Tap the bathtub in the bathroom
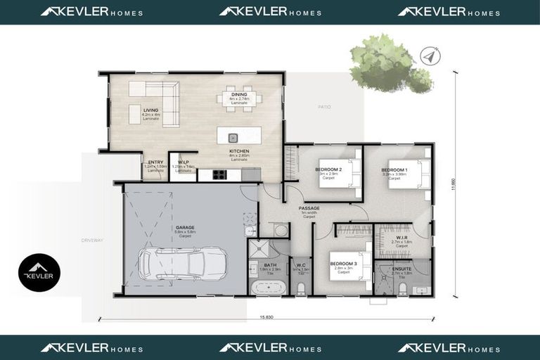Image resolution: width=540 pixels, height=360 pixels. tap(268, 287)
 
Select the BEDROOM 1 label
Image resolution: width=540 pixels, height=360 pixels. tap(393, 170)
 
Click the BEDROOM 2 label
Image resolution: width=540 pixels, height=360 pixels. tap(328, 170)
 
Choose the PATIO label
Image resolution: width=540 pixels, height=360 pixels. tap(323, 107)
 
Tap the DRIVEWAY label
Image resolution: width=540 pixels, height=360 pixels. tap(92, 240)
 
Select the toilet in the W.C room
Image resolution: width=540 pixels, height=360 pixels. tap(301, 288)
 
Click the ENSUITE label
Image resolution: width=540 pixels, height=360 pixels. tap(401, 269)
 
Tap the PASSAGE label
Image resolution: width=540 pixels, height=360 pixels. tap(309, 208)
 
